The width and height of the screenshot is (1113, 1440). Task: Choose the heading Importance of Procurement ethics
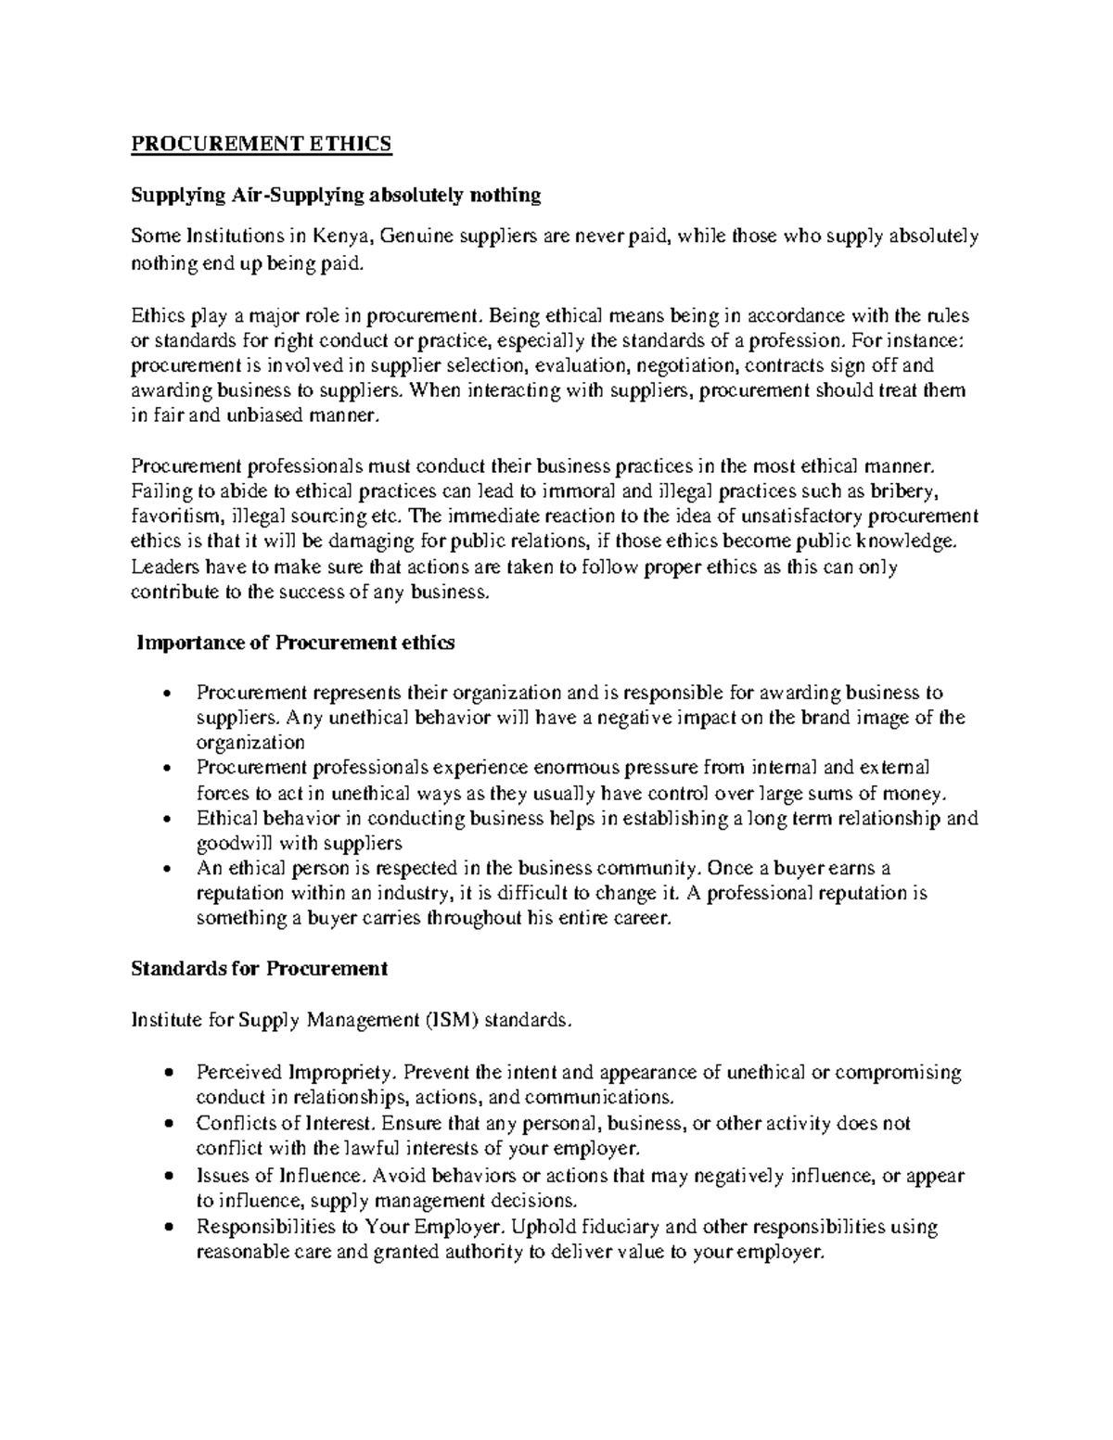pos(295,643)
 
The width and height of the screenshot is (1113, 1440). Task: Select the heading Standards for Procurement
pos(259,969)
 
